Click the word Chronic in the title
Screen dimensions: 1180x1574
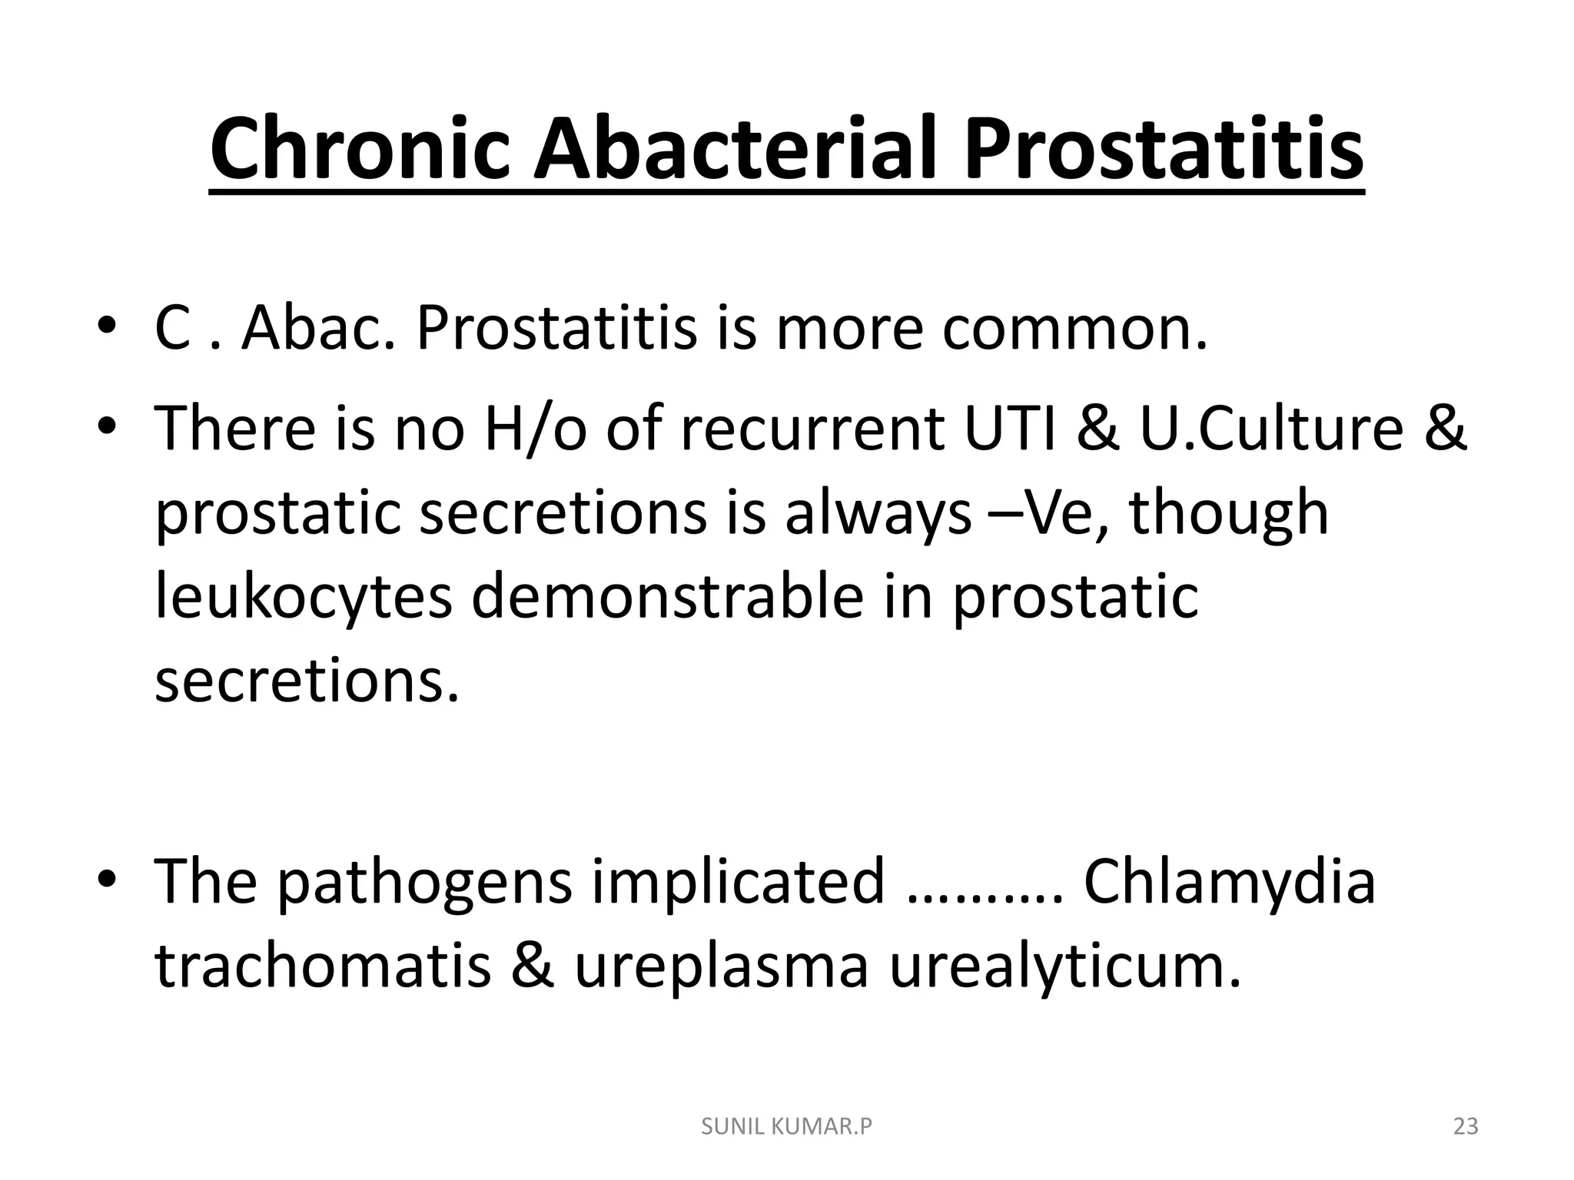click(x=361, y=149)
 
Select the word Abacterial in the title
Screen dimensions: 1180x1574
click(x=739, y=149)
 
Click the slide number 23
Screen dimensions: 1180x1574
click(x=1466, y=1127)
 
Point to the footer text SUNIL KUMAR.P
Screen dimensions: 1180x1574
click(x=787, y=1127)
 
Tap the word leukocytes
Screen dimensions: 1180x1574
click(x=304, y=597)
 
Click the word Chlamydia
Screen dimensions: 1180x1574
click(x=1229, y=881)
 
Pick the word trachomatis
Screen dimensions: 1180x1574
click(x=322, y=966)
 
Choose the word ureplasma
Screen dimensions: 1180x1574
click(x=721, y=966)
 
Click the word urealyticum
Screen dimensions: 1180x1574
click(x=1064, y=966)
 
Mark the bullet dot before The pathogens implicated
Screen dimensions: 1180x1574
click(x=107, y=877)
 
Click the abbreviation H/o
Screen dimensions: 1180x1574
click(x=535, y=428)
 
